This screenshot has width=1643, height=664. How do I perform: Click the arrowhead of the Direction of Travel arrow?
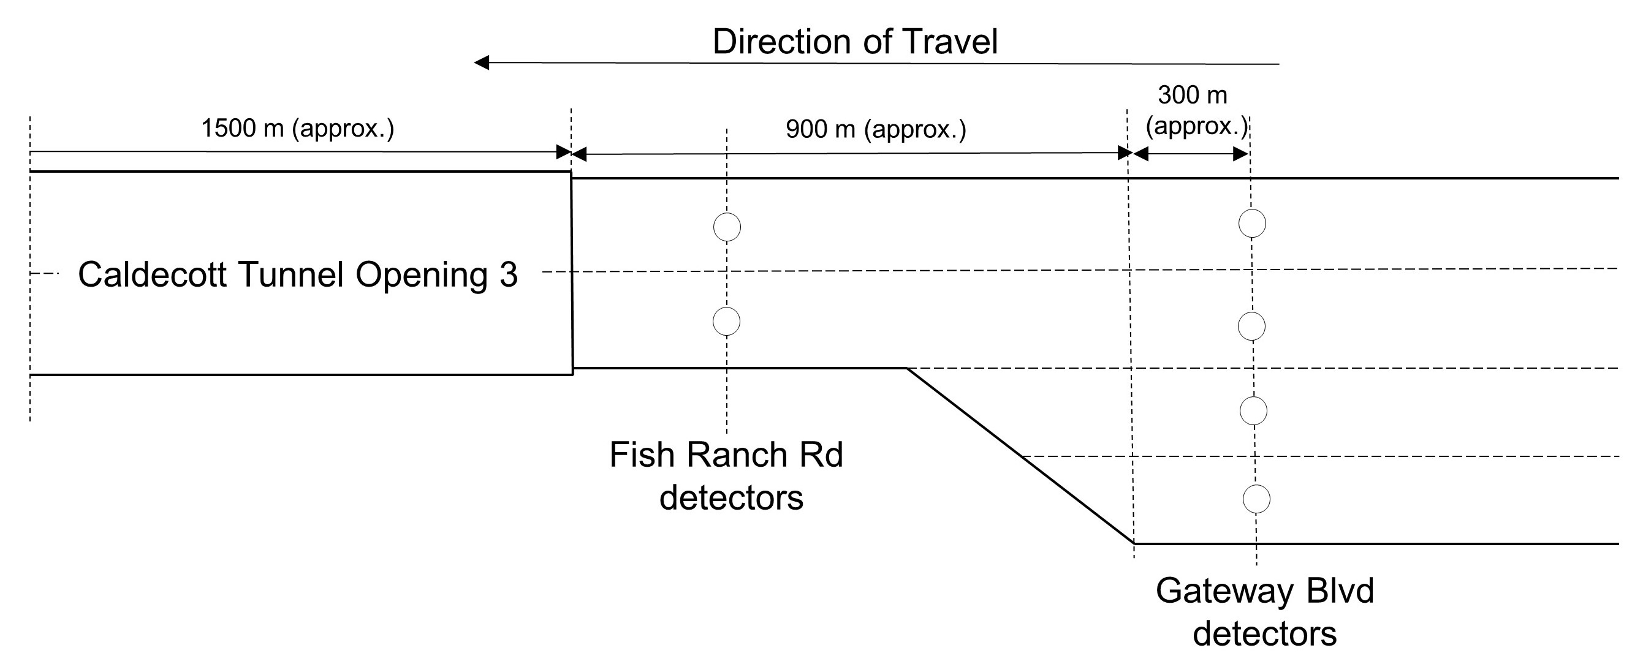[482, 62]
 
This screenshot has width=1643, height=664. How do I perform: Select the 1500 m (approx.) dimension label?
[297, 129]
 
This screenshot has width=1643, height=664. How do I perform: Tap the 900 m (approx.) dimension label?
[876, 129]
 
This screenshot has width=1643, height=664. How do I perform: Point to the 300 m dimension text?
[1192, 96]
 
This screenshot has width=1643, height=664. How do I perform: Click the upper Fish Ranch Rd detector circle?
[726, 227]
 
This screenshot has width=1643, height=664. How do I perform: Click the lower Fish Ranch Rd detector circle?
[726, 321]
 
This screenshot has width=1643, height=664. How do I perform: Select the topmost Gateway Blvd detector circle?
[1252, 224]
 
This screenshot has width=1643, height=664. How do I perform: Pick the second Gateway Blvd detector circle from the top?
[1251, 327]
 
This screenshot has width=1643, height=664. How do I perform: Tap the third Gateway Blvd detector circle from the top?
[1253, 411]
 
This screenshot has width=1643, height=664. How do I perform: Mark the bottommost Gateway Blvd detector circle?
[1256, 499]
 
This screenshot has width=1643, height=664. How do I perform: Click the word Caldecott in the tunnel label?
[153, 275]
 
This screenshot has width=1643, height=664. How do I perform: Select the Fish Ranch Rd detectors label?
[727, 476]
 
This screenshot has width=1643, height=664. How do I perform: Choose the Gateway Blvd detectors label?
[1264, 613]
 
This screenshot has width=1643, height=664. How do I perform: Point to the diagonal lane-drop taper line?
[1020, 455]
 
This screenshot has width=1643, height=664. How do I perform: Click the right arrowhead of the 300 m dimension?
[1240, 154]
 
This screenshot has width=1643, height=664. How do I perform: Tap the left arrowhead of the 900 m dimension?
[579, 154]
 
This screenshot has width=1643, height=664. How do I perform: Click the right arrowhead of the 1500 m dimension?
[563, 153]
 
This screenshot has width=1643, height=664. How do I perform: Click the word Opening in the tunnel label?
[421, 275]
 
